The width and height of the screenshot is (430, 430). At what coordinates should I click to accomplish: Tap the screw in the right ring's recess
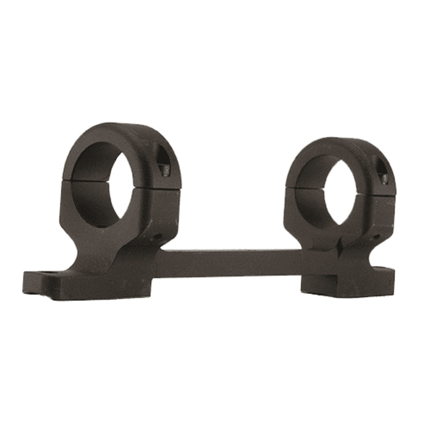click(384, 178)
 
